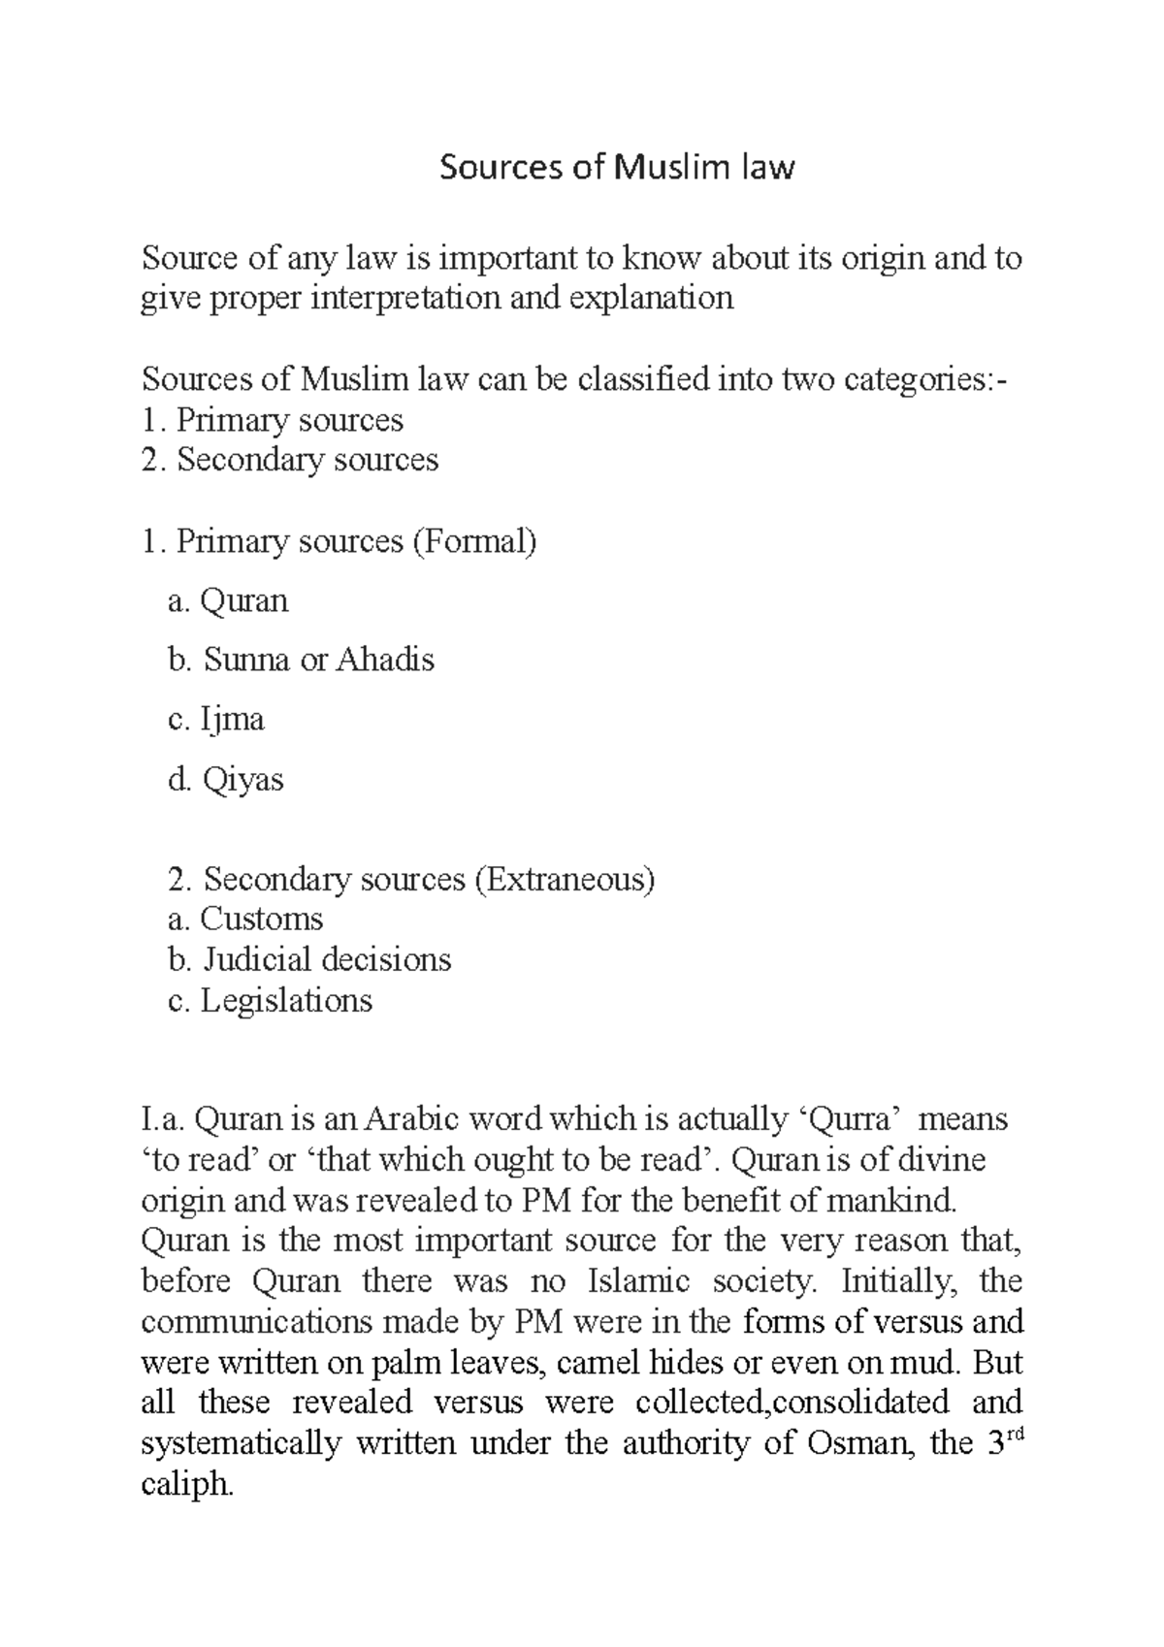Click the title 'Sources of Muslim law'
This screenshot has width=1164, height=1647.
pyautogui.click(x=617, y=168)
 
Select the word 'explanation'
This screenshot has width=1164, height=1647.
pyautogui.click(x=651, y=298)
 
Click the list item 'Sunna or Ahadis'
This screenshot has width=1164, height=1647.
pyautogui.click(x=318, y=660)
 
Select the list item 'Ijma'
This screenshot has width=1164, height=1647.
pyautogui.click(x=232, y=720)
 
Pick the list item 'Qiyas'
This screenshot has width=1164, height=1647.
pyautogui.click(x=242, y=780)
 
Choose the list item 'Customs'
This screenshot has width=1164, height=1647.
pyautogui.click(x=261, y=919)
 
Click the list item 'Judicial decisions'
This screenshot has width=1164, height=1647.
pyautogui.click(x=327, y=959)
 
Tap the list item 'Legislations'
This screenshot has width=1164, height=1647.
pyautogui.click(x=286, y=1000)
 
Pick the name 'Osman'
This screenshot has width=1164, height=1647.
pyautogui.click(x=858, y=1443)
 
